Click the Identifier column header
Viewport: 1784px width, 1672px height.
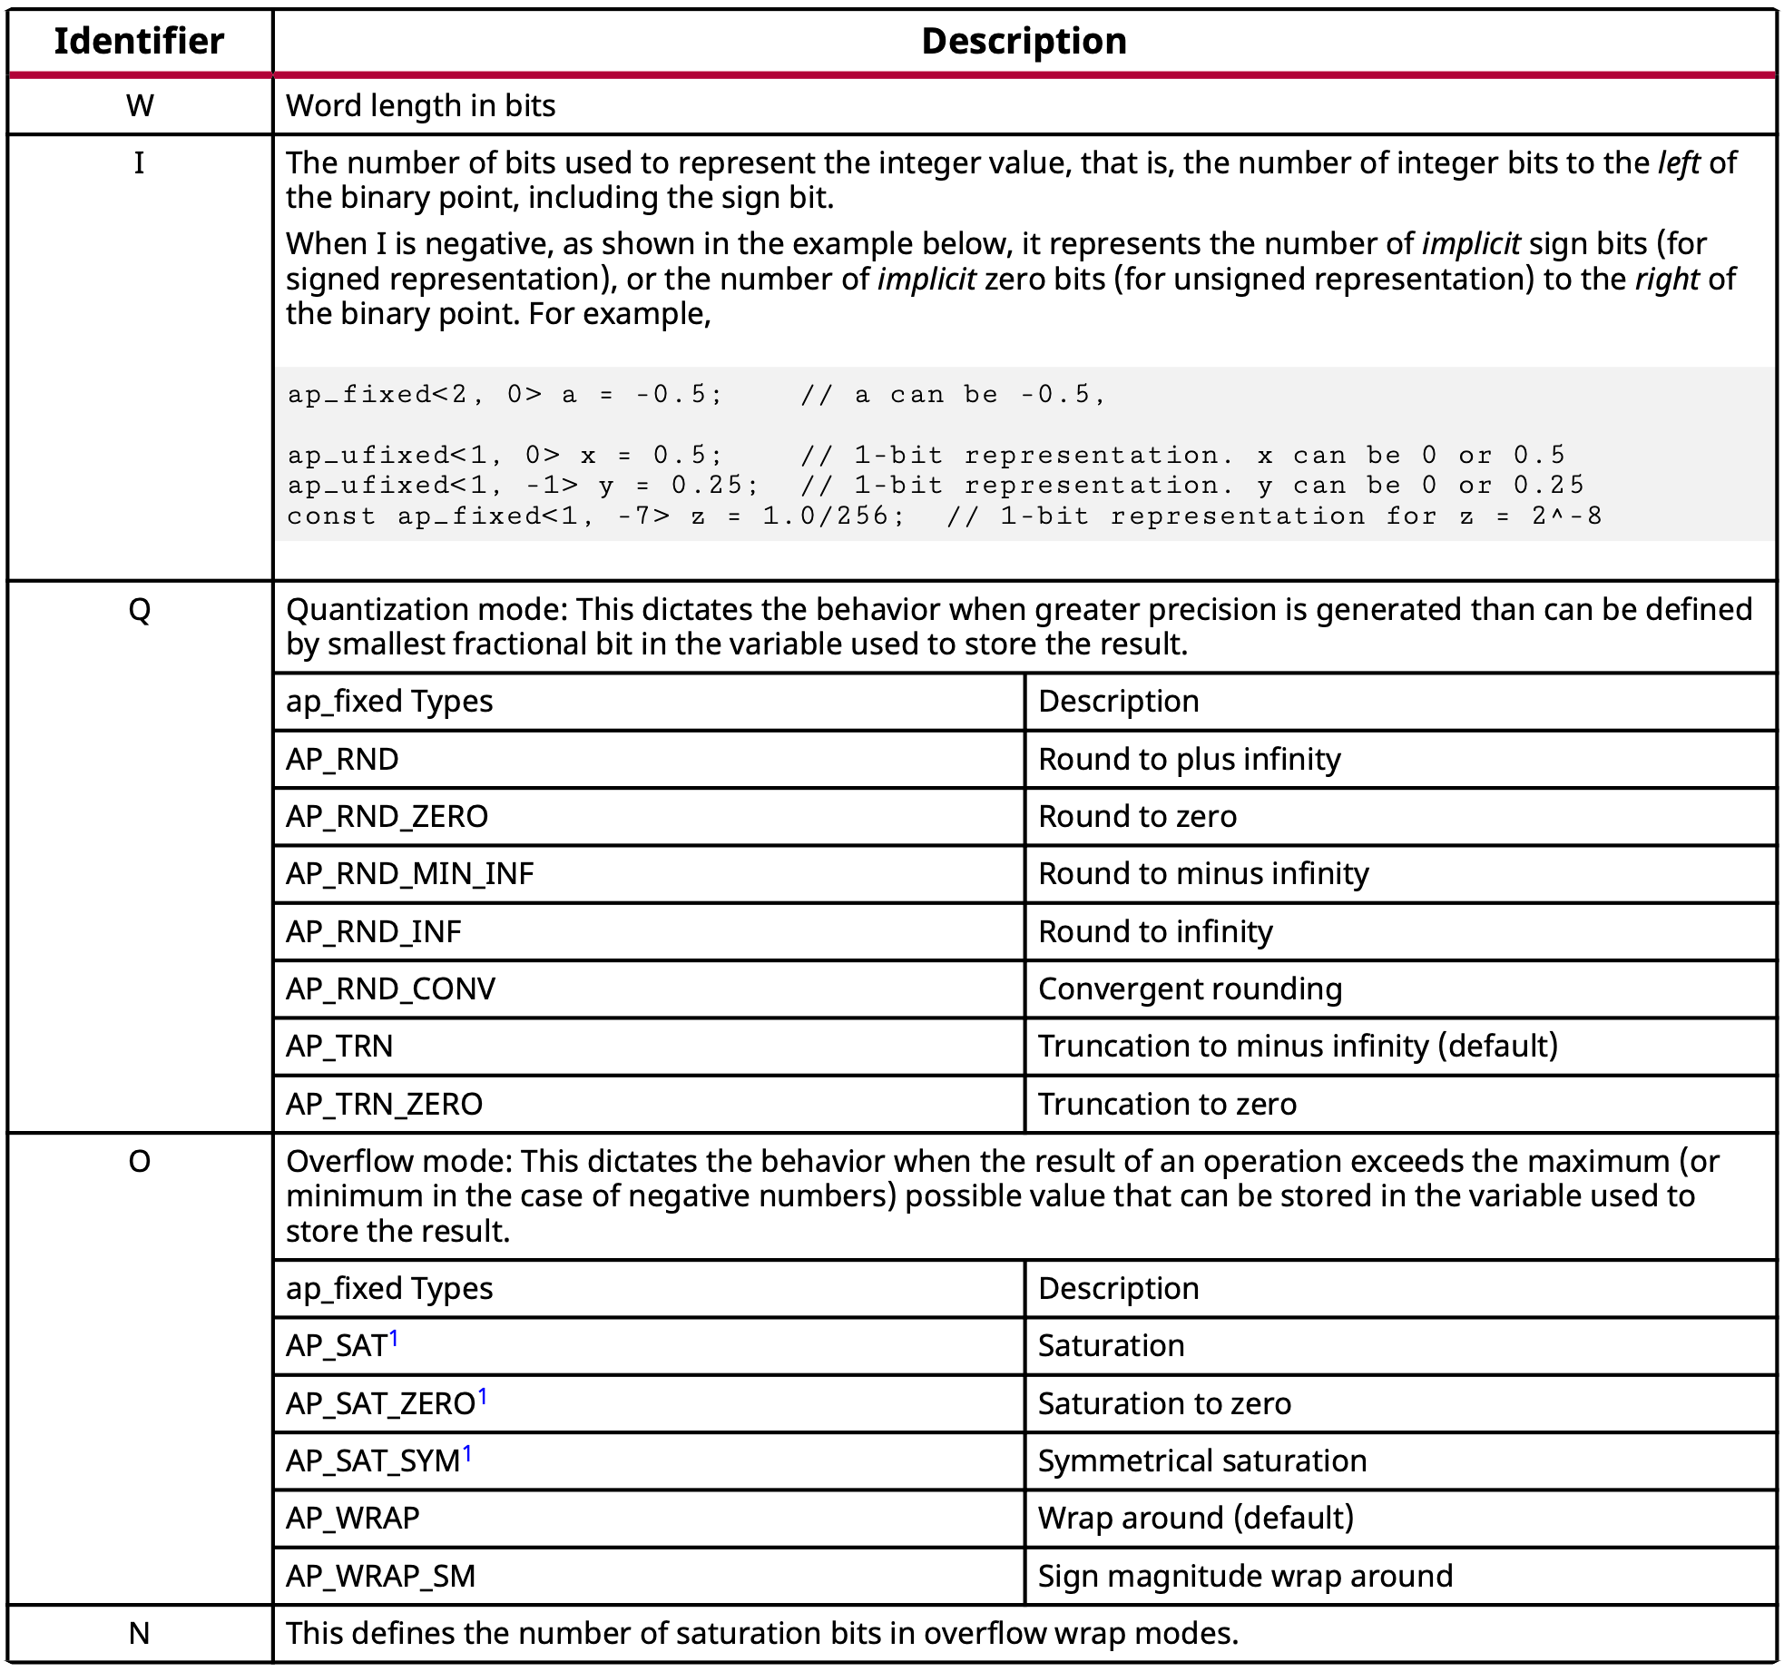[139, 42]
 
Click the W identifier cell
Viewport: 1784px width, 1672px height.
[139, 106]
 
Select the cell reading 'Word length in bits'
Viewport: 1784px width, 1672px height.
[420, 106]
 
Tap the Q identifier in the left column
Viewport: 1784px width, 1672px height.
[139, 610]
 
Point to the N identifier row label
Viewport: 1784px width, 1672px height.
[139, 1633]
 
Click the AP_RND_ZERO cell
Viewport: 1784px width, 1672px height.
[387, 816]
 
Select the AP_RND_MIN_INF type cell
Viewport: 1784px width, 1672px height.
[409, 873]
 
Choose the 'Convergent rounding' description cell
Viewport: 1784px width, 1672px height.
[1189, 988]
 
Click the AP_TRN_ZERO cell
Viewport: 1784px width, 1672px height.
[384, 1104]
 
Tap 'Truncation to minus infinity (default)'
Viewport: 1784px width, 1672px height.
[1297, 1046]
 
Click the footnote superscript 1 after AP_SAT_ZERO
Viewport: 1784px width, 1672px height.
[483, 1396]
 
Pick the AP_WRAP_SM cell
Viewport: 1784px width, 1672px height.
[380, 1576]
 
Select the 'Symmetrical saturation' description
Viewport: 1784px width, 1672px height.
[1201, 1461]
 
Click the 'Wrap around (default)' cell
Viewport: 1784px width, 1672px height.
[1195, 1518]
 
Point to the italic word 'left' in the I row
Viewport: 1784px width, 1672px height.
[1678, 163]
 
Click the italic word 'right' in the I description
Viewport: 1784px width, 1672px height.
[1666, 280]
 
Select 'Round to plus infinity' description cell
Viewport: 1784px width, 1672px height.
[1189, 759]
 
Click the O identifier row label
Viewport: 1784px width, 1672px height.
[139, 1161]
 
